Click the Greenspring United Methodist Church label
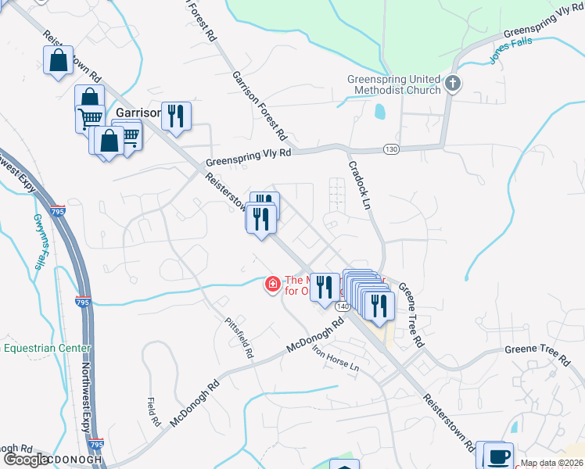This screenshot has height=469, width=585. coord(394,84)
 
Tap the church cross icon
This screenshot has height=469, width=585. coord(452,84)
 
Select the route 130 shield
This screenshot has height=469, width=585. coord(391,149)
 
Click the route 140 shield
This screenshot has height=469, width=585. coord(343,306)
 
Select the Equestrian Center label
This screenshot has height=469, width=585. coord(47,348)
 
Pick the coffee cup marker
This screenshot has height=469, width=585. coord(498,456)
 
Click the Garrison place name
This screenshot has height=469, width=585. coord(138,113)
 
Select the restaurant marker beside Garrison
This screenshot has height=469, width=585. coord(176,117)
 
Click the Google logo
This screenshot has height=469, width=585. coord(25,460)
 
